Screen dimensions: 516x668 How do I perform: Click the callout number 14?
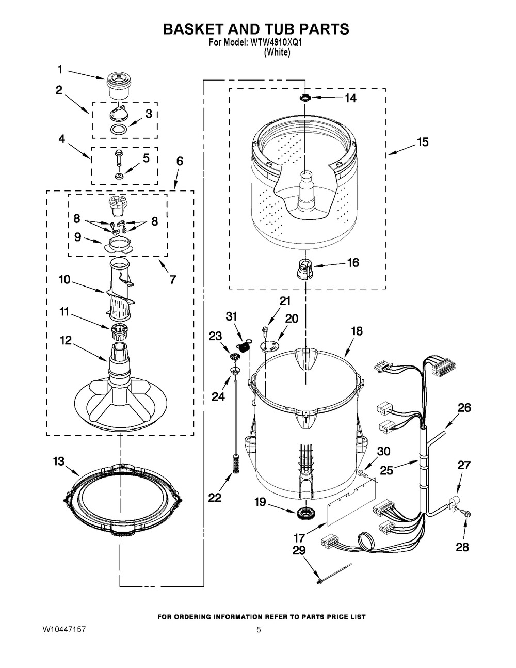tap(350, 98)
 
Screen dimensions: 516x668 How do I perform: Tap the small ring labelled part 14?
tap(305, 98)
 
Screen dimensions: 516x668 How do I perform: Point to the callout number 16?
tap(353, 263)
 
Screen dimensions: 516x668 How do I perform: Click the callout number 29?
tap(299, 550)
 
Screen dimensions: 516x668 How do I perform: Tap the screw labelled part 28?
tap(464, 513)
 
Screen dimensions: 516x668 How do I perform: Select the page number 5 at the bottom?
tap(259, 630)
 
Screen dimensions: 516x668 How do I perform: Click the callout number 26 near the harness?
tap(464, 408)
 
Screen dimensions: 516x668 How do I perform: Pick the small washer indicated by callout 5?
tap(118, 176)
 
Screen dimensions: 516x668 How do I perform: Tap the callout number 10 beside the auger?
tap(65, 279)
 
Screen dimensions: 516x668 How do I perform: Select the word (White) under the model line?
tap(278, 52)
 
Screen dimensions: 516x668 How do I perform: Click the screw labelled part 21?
tap(264, 331)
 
